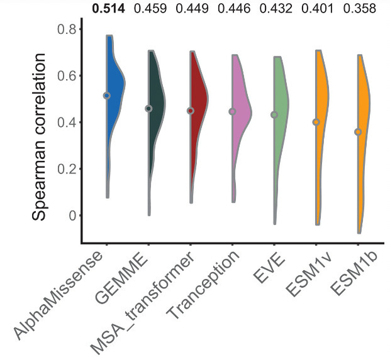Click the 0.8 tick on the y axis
pos(66,30)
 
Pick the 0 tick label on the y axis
pos(71,215)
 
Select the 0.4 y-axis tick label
pos(66,123)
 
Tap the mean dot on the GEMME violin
pos(149,109)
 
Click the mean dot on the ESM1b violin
pos(359,132)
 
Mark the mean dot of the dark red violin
pos(191,111)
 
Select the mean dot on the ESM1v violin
pos(316,123)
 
